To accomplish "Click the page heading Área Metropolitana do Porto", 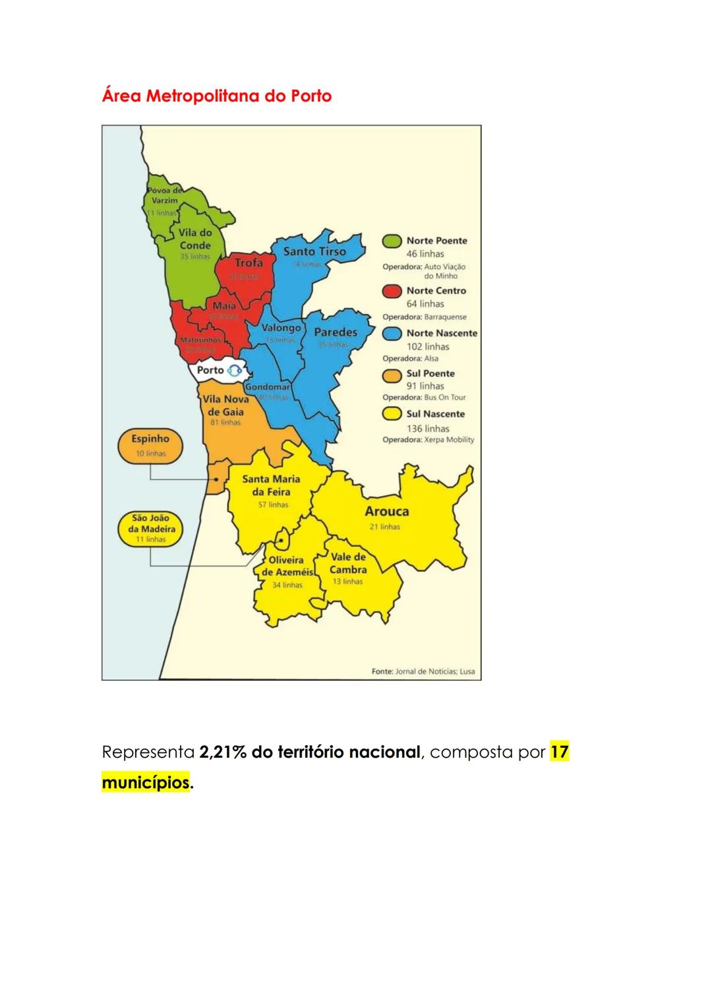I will (x=217, y=96).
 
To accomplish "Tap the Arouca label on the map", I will (x=387, y=511).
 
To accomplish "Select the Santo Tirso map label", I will (x=314, y=251).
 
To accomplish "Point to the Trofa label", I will (x=249, y=262).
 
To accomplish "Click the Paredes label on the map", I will (x=335, y=332).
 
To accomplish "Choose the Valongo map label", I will (x=282, y=328).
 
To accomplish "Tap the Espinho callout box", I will (x=150, y=445).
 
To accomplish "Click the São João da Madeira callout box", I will (x=150, y=528).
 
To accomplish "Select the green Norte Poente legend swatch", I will (x=392, y=241).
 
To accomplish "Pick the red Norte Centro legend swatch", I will (x=392, y=291).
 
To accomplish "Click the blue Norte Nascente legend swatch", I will (x=392, y=334).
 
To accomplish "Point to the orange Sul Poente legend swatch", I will (x=392, y=375).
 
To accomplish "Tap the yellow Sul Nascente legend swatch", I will (x=392, y=415).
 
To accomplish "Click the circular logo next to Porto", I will (x=235, y=371).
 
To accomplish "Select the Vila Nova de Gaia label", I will (x=225, y=406).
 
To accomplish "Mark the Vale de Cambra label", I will (x=348, y=563).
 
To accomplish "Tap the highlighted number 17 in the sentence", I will (x=559, y=752).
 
